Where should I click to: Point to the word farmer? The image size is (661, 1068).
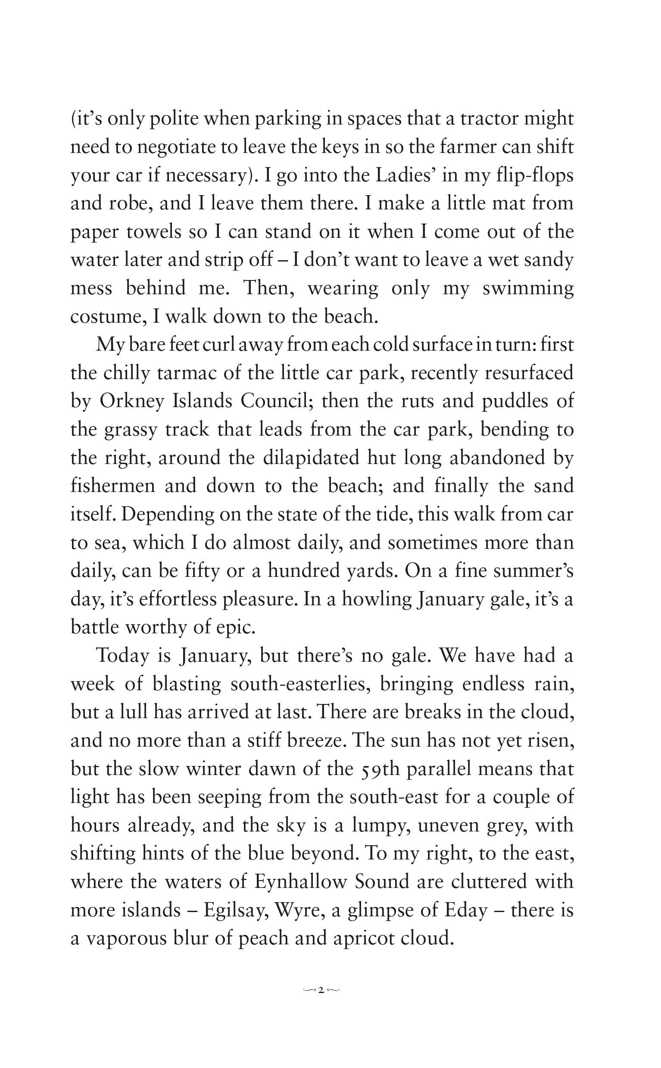(x=468, y=147)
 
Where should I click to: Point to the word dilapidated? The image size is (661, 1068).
(x=311, y=458)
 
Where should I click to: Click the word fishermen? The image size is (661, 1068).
(x=113, y=486)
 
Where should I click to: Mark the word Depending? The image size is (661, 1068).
(x=168, y=515)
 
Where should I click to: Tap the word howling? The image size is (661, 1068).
(x=377, y=600)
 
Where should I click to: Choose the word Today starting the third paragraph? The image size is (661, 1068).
(x=122, y=656)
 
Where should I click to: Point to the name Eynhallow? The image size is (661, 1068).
(x=300, y=882)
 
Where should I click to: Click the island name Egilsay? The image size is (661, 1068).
(x=234, y=911)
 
